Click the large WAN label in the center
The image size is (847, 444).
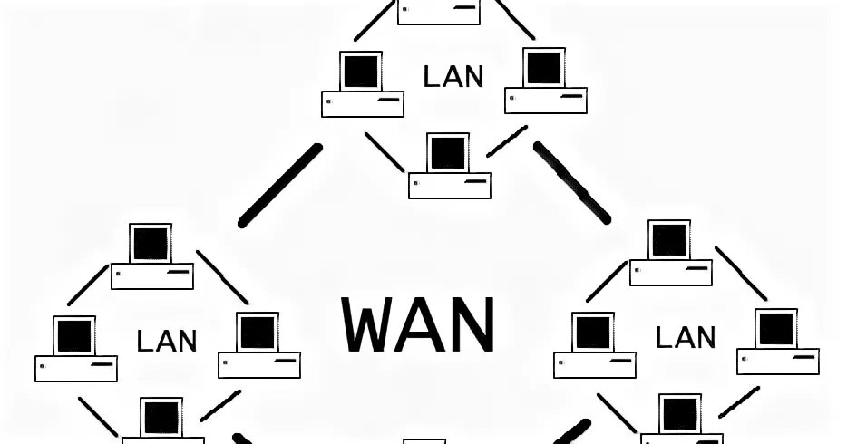(419, 324)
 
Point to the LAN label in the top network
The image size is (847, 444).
(453, 76)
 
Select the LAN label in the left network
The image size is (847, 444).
(167, 341)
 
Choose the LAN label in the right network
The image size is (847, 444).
(686, 338)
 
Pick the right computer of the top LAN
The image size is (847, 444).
(545, 80)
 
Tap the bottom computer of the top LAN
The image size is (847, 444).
(449, 166)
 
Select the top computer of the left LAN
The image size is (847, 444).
(151, 256)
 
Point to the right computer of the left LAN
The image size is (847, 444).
(258, 345)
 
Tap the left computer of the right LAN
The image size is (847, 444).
(594, 345)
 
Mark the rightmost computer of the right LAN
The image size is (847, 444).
(777, 341)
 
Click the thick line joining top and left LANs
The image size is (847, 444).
(280, 186)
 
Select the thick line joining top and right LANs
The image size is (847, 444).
(571, 181)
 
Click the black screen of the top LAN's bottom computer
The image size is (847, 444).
(448, 152)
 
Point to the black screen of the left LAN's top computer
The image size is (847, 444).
(151, 244)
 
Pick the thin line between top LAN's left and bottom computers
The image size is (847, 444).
(385, 151)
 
